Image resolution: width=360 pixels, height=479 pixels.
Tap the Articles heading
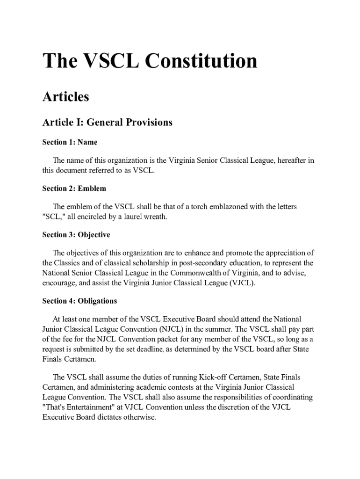click(x=65, y=97)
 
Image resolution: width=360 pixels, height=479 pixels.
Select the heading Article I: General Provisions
click(x=107, y=123)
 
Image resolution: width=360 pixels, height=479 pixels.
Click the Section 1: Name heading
click(x=70, y=142)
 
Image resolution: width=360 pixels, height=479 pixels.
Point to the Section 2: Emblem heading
click(x=74, y=189)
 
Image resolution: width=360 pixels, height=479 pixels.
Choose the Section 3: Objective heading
click(x=76, y=235)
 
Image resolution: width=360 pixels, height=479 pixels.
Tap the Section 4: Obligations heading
click(x=79, y=301)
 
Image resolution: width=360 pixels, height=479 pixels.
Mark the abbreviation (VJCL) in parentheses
click(x=241, y=283)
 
